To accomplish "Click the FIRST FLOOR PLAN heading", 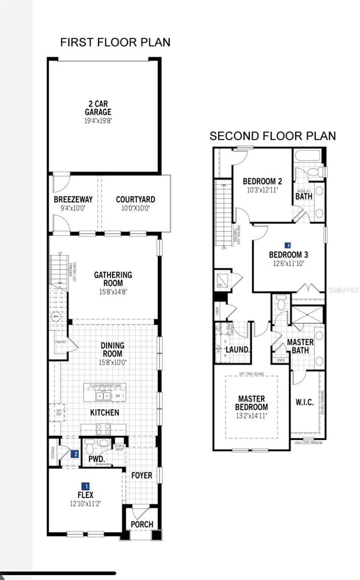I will tap(115, 43).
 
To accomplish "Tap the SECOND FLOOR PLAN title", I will tap(273, 136).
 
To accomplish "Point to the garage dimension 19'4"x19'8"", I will tap(98, 121).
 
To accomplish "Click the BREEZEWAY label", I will tap(73, 199).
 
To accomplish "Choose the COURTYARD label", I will tap(135, 199).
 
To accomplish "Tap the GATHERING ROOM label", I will tap(113, 279).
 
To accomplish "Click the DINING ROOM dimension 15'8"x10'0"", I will tap(113, 362).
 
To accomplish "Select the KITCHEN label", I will tap(104, 413).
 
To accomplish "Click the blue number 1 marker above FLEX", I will tap(86, 486).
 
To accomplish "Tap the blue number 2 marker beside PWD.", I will tap(74, 454).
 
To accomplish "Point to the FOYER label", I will tap(142, 476).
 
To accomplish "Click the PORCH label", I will tap(142, 524).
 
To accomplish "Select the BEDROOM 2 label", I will tap(262, 181).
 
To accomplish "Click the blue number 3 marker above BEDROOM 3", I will tap(288, 246).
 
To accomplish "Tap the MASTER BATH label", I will tap(300, 346).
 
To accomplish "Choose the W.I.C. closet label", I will tap(304, 402).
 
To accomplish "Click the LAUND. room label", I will tap(237, 349).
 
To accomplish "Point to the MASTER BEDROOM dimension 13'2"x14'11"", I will tap(251, 415).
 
